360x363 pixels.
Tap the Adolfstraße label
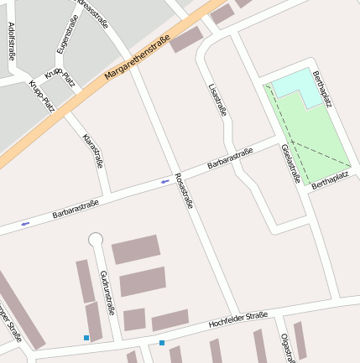coord(11,41)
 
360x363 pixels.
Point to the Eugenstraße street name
coord(68,34)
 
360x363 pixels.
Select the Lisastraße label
coord(217,100)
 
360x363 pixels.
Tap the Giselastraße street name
coord(290,163)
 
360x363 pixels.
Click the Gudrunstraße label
coord(107,292)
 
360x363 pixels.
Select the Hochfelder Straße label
coord(238,319)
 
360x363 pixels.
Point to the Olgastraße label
coord(286,347)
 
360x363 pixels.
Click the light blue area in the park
coord(295,87)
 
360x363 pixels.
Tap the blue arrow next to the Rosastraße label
coord(164,181)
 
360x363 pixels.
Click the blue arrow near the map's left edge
coord(25,224)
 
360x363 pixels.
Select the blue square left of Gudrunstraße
coord(86,338)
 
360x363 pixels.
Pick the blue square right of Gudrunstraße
coord(162,342)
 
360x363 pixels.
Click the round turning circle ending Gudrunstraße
coord(96,240)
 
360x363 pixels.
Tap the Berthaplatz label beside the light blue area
coord(322,89)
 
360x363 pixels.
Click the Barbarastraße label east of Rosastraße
coord(230,158)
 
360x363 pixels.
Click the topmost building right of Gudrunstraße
coord(136,249)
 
